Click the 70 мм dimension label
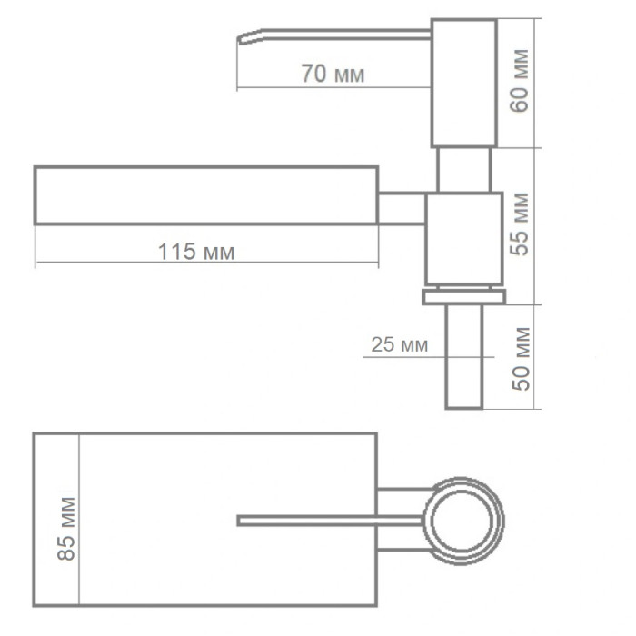(x=333, y=74)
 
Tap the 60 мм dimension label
(x=520, y=80)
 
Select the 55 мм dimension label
(x=520, y=224)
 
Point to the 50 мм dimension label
(x=522, y=359)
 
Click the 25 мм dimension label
(x=400, y=344)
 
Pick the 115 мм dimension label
(x=196, y=252)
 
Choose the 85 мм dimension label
(x=66, y=529)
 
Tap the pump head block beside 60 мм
(x=464, y=83)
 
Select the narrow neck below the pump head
(x=464, y=170)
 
